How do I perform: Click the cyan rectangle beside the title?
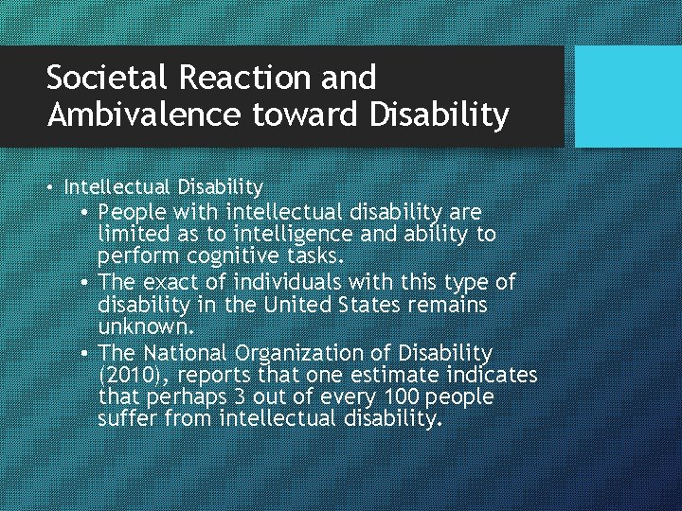tap(628, 97)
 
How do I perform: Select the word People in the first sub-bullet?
tap(131, 211)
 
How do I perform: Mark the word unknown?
tap(146, 327)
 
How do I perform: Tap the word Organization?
tap(303, 353)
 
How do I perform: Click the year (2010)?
tap(131, 375)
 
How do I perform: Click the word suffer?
tap(128, 418)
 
